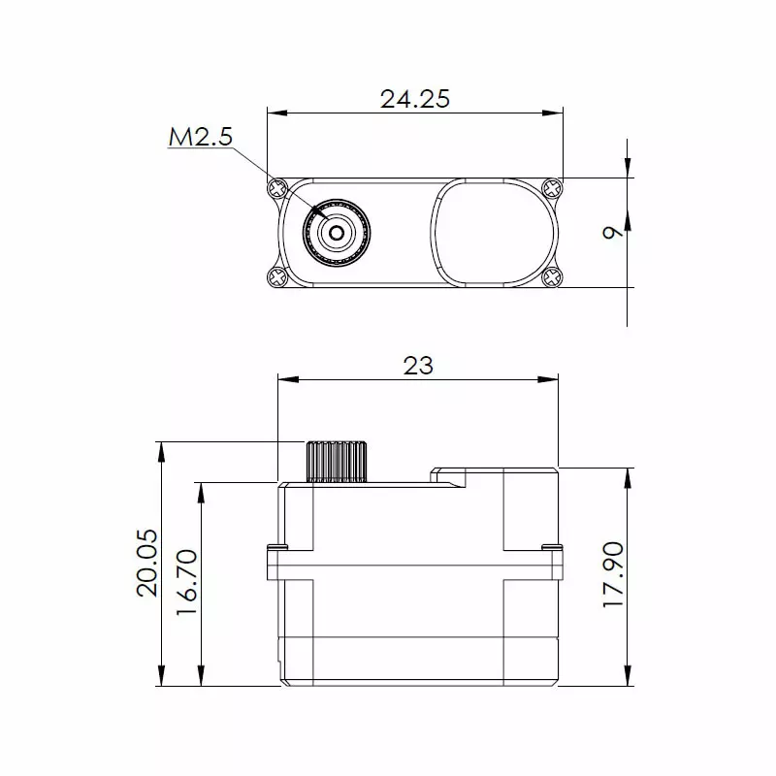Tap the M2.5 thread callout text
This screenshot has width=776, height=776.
tap(201, 138)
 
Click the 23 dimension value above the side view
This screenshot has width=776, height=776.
tap(417, 365)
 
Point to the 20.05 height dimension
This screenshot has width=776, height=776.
tap(146, 564)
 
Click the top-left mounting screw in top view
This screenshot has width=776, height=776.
tap(276, 186)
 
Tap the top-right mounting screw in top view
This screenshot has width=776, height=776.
tap(552, 186)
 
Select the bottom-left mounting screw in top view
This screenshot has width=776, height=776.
tap(276, 277)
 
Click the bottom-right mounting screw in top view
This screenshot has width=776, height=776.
tap(552, 277)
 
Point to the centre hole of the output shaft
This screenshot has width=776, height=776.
tap(336, 232)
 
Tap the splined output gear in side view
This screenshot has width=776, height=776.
tap(337, 462)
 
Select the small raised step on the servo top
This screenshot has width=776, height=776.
tap(449, 475)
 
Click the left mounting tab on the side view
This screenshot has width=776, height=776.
tap(275, 560)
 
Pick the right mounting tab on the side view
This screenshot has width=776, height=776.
tap(552, 560)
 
